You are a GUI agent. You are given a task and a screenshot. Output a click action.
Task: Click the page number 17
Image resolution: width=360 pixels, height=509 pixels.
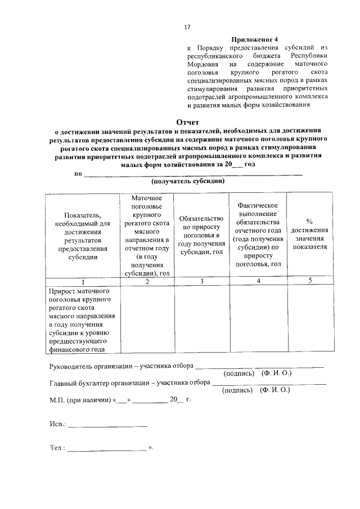(x=188, y=26)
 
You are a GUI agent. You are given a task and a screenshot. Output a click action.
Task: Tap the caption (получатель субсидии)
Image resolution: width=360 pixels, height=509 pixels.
(x=188, y=182)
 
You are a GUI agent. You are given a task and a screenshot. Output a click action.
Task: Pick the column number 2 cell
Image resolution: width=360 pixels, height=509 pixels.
(x=146, y=281)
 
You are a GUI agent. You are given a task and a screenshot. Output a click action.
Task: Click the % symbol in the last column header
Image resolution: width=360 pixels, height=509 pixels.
(x=309, y=221)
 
